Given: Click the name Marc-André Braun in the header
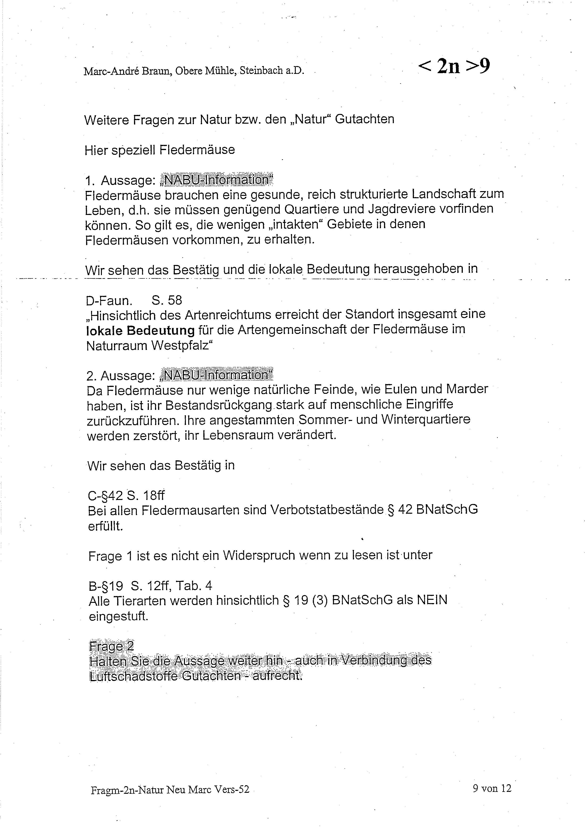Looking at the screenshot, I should [127, 71].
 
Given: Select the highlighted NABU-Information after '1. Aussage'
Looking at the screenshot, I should [216, 180].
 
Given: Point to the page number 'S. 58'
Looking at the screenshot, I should [167, 300].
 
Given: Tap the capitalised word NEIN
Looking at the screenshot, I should [431, 600].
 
